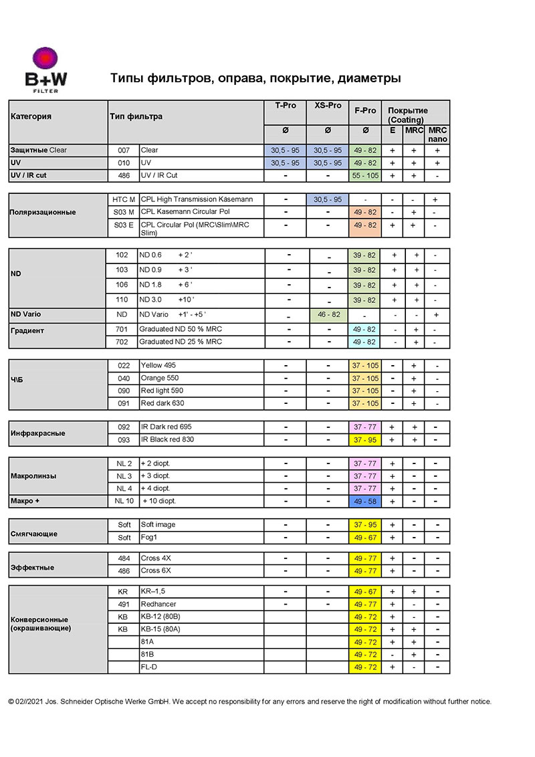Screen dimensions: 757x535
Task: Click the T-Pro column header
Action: point(285,106)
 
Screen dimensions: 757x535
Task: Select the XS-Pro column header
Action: point(328,106)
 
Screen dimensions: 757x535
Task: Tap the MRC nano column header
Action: point(438,134)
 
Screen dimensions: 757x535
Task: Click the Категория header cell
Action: point(31,116)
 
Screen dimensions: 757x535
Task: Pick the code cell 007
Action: point(124,150)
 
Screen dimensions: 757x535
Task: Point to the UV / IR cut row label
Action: point(28,175)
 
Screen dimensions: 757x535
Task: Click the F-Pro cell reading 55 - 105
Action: point(365,175)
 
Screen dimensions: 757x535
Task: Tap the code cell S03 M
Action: point(124,212)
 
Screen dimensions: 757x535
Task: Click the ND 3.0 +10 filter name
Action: point(167,300)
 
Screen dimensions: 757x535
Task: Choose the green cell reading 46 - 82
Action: point(328,314)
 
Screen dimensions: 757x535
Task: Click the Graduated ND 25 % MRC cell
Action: point(181,342)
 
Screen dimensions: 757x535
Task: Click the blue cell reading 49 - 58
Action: point(365,501)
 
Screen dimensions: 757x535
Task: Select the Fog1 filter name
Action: point(150,538)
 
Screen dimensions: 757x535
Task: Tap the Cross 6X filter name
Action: point(156,570)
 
